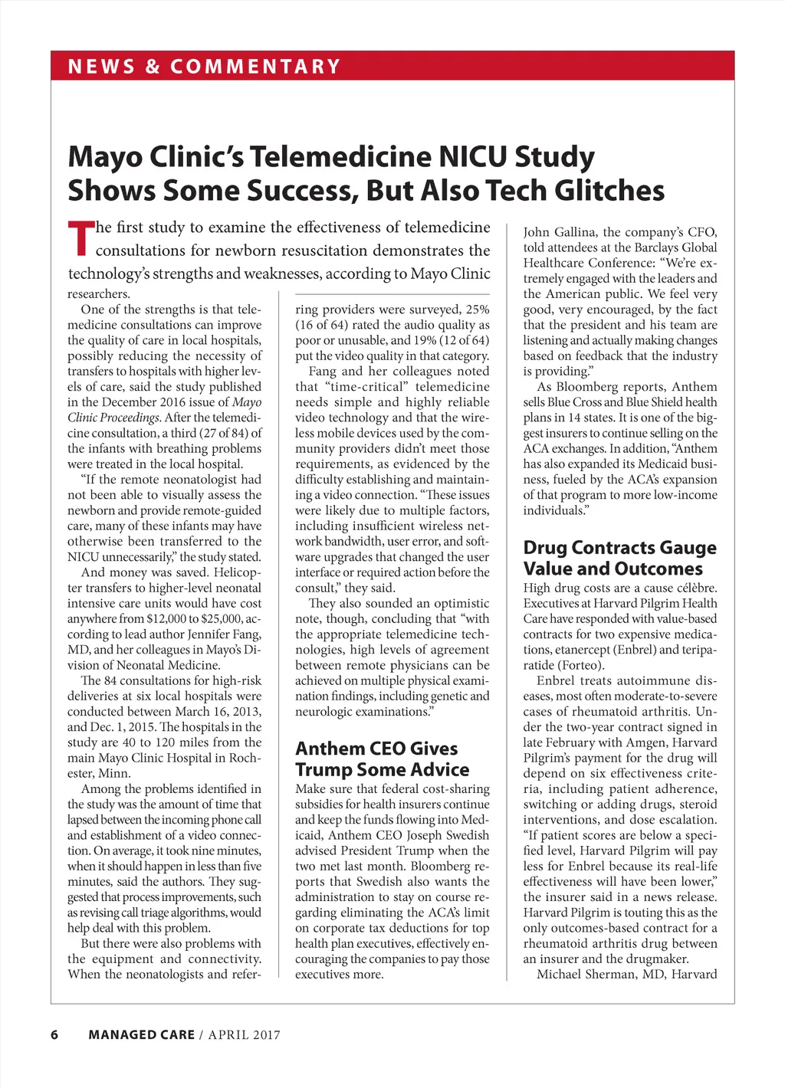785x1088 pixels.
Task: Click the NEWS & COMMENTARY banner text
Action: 204,67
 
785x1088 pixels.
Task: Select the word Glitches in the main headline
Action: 609,190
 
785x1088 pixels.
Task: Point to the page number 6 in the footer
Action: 54,1034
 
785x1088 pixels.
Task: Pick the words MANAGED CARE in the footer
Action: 141,1034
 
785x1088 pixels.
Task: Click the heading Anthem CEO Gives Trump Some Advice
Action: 382,759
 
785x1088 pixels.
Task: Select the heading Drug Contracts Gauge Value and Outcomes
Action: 619,558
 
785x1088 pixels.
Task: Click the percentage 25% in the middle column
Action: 477,310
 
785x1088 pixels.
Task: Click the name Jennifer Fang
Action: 219,634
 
